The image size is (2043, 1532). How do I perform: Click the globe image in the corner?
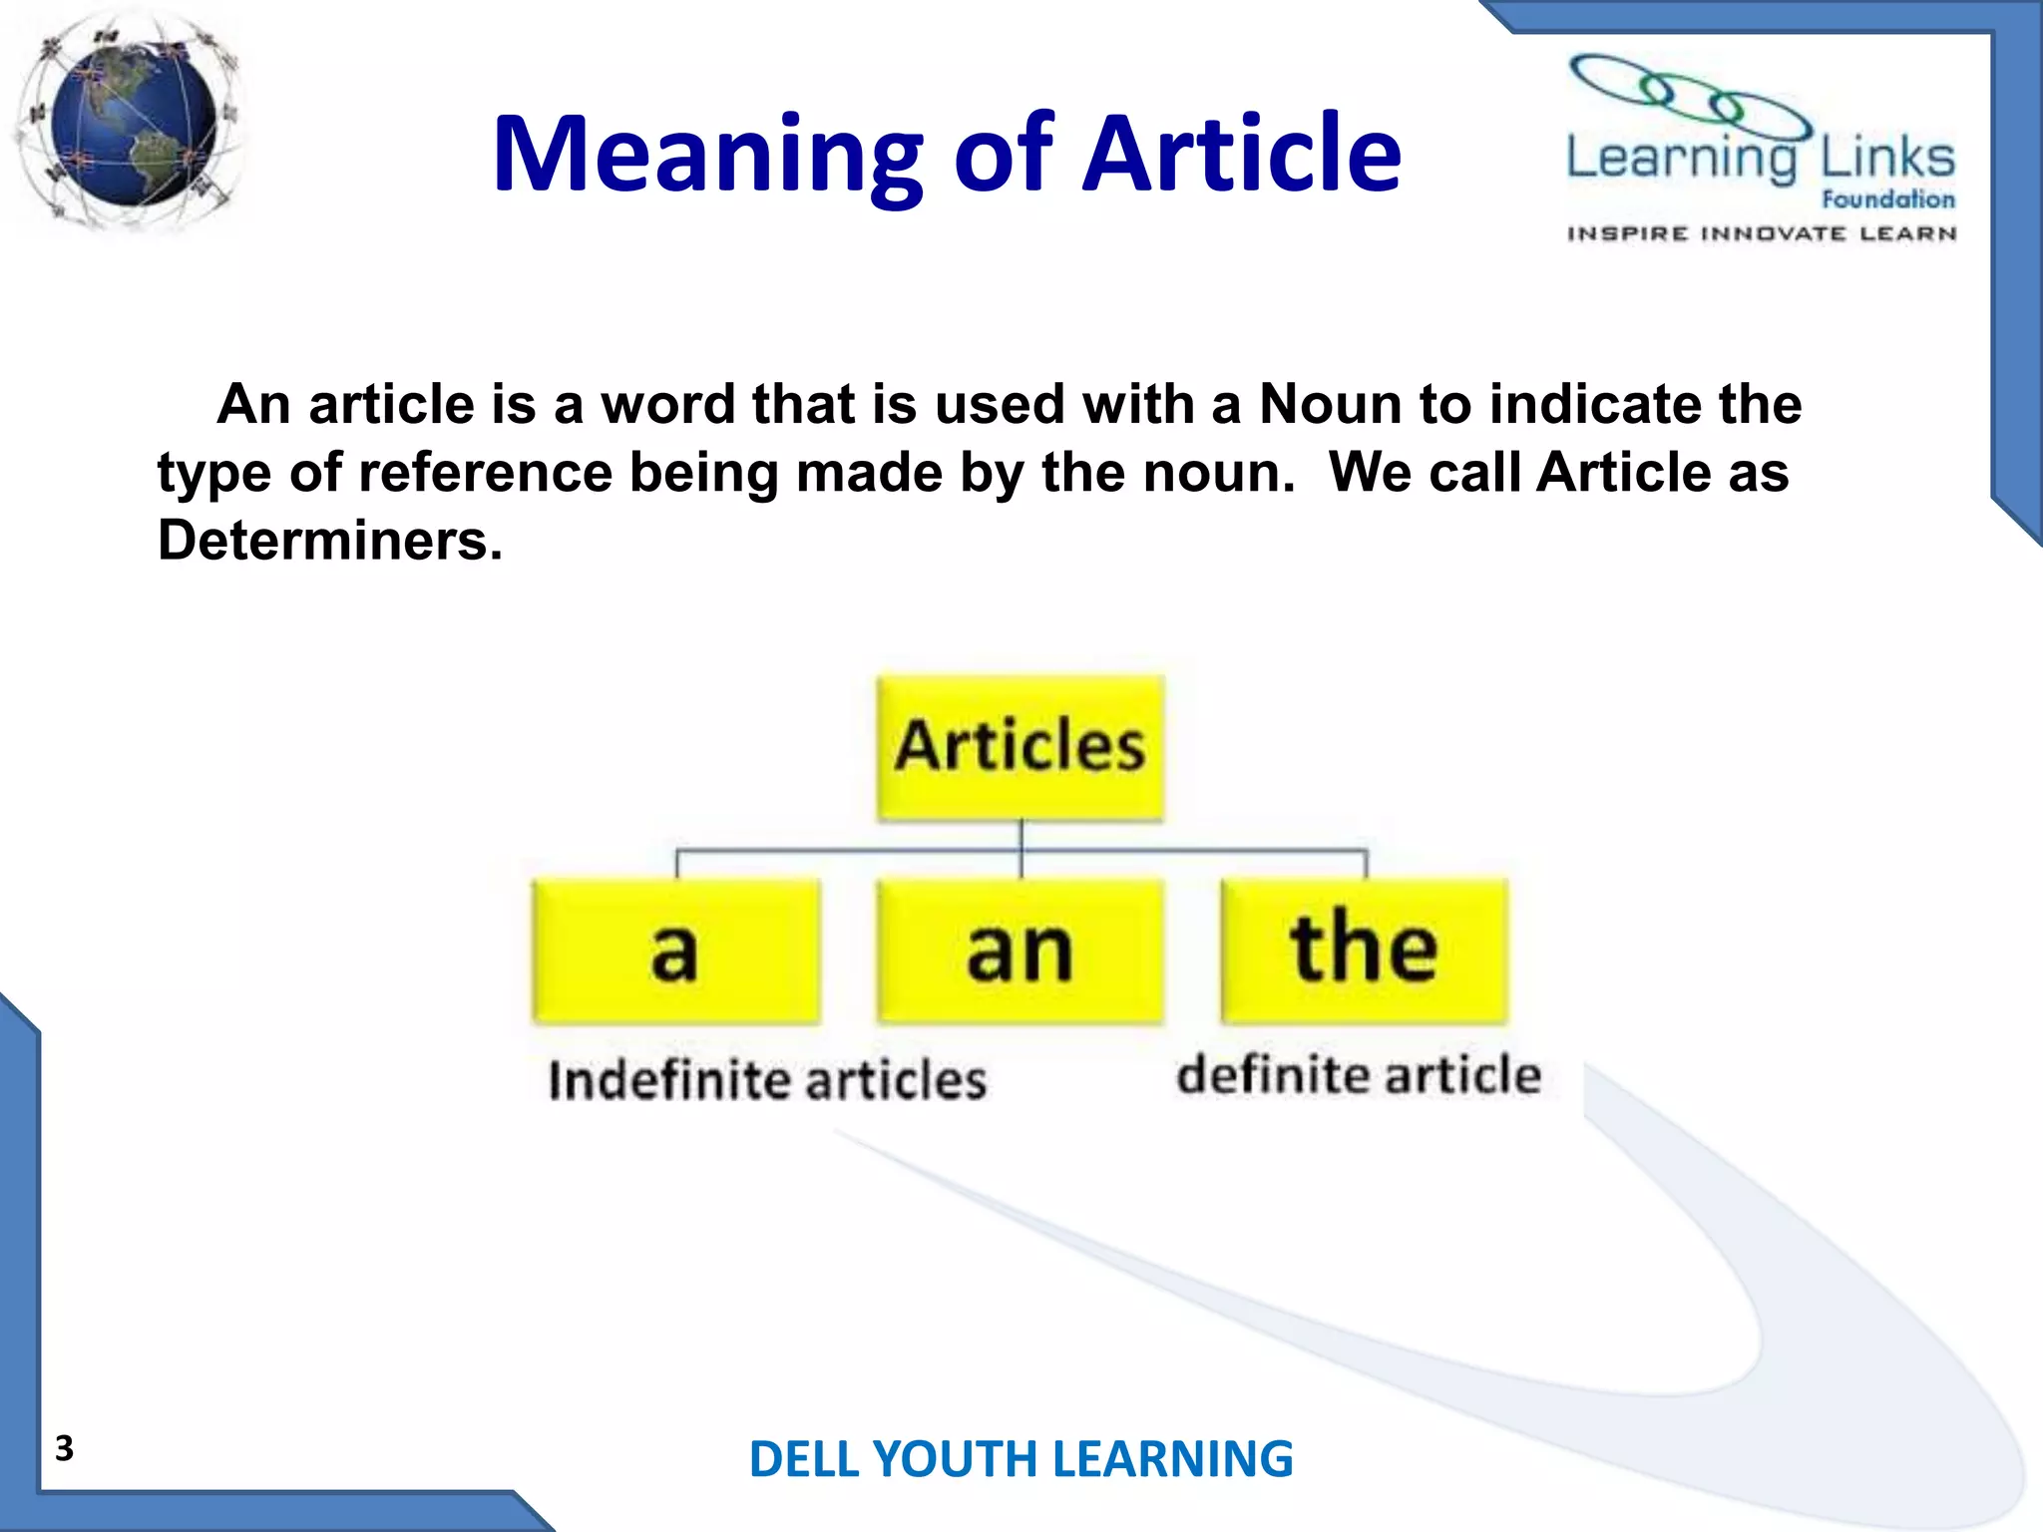[x=130, y=125]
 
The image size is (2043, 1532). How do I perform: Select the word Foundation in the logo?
[x=1887, y=199]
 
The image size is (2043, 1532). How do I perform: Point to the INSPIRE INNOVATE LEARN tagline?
[x=1761, y=234]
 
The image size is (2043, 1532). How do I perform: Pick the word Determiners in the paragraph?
[x=329, y=541]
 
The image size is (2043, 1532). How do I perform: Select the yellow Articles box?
[x=1020, y=748]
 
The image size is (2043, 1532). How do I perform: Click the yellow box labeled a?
[x=676, y=952]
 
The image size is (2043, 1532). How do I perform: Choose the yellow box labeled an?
[x=1020, y=952]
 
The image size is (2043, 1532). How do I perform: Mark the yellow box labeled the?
[x=1365, y=952]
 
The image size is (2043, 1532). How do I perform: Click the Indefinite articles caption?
[x=767, y=1081]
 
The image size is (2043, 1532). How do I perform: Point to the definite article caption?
[x=1359, y=1075]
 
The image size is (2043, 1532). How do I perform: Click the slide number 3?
[x=65, y=1448]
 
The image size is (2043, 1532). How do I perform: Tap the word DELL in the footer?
[x=804, y=1460]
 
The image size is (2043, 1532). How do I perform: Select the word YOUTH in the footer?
[x=957, y=1460]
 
